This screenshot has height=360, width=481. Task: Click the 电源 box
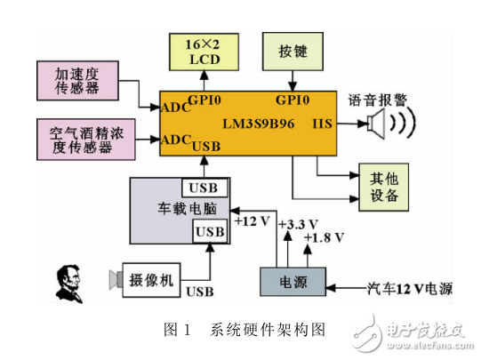click(x=293, y=280)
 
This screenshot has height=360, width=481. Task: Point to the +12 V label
click(x=251, y=220)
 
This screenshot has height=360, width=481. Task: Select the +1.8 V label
click(x=321, y=239)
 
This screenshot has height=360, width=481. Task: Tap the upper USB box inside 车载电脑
click(x=204, y=188)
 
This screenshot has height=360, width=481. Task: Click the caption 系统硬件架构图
click(x=267, y=330)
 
